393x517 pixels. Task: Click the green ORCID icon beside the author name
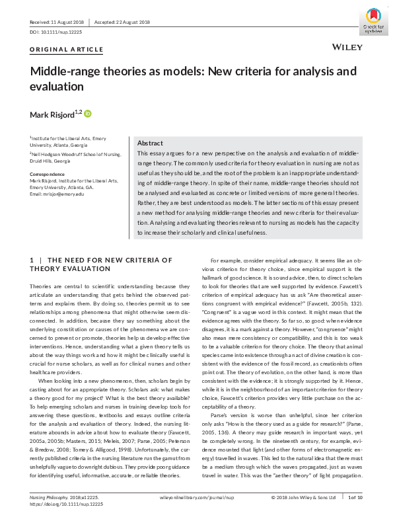point(88,114)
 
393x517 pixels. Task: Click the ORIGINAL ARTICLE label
point(66,50)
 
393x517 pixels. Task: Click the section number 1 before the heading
point(32,260)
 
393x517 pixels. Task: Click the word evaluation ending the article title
point(56,87)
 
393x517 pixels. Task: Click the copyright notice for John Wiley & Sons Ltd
point(304,497)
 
